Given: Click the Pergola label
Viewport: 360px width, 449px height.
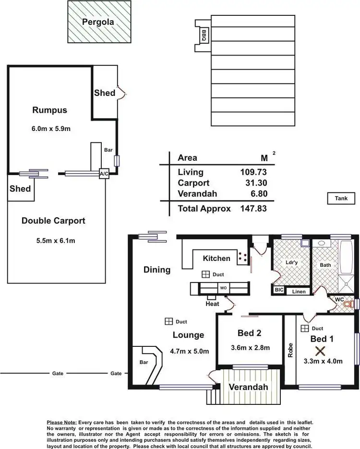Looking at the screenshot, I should coord(97,22).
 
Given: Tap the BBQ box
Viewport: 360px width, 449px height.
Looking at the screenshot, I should coord(204,35).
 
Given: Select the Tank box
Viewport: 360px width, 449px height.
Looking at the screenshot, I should coord(341,198).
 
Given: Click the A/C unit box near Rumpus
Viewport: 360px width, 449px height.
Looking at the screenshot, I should coord(104,174).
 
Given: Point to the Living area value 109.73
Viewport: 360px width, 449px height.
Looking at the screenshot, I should coord(253,172).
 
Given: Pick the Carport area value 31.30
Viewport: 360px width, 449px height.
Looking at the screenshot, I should coord(256,183).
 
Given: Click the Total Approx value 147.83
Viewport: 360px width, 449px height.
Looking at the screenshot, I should coord(253,209).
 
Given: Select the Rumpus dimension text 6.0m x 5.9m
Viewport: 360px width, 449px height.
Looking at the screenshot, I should coord(49,129).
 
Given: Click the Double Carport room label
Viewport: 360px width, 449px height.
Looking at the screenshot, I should coord(53,221).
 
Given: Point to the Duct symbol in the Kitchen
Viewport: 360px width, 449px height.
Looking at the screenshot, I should coord(205,274).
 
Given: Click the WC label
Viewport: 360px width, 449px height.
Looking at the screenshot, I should coord(339,299).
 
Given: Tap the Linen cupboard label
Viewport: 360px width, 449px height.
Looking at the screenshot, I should coord(299,291).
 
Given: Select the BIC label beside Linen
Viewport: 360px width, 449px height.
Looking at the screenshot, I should coord(279,290).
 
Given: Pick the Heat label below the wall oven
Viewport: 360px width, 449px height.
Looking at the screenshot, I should coord(212,304).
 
